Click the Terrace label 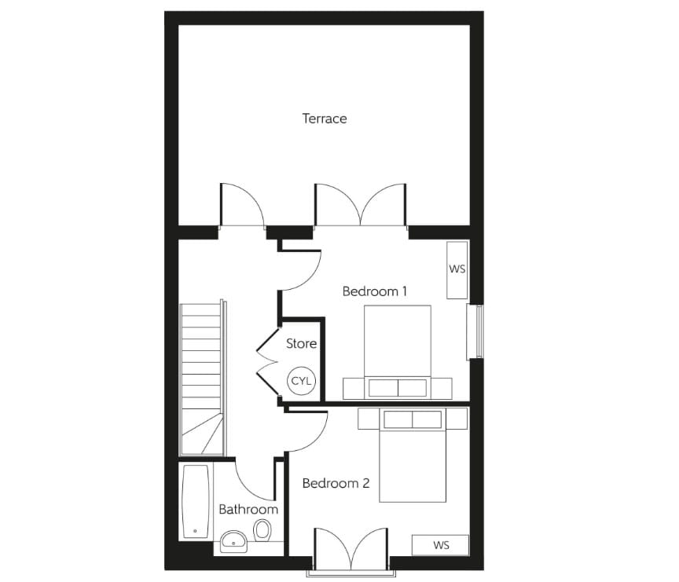pyautogui.click(x=325, y=119)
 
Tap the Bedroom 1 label pyautogui.click(x=375, y=291)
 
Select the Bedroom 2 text pyautogui.click(x=336, y=483)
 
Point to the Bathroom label pyautogui.click(x=248, y=509)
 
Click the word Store pyautogui.click(x=301, y=343)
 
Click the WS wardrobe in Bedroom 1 pyautogui.click(x=457, y=269)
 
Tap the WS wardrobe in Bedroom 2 pyautogui.click(x=441, y=544)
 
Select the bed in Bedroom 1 pyautogui.click(x=398, y=346)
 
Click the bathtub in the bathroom pyautogui.click(x=196, y=501)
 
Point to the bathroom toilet pyautogui.click(x=262, y=535)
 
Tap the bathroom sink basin pyautogui.click(x=233, y=540)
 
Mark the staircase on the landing pyautogui.click(x=202, y=377)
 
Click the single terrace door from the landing pyautogui.click(x=240, y=207)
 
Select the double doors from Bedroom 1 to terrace pyautogui.click(x=360, y=206)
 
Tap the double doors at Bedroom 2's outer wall pyautogui.click(x=351, y=550)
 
